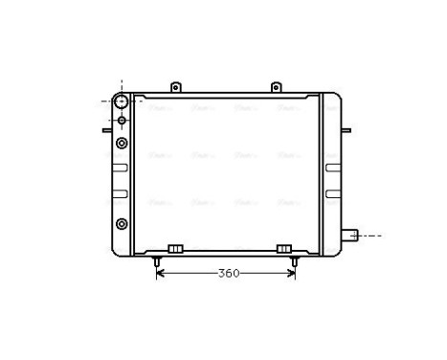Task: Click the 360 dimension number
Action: point(227,273)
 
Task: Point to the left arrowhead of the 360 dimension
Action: point(160,273)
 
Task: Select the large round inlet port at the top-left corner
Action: point(122,101)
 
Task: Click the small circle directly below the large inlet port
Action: point(122,121)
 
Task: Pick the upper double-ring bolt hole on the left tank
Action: point(122,143)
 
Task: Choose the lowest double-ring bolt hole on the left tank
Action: point(122,224)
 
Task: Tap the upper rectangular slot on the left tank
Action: point(120,169)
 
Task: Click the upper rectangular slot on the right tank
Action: point(331,169)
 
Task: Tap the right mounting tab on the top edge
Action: point(275,88)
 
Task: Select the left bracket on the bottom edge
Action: point(174,249)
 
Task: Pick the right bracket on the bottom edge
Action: point(283,249)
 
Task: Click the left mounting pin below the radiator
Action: point(158,259)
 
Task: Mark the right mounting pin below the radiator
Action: point(294,259)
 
